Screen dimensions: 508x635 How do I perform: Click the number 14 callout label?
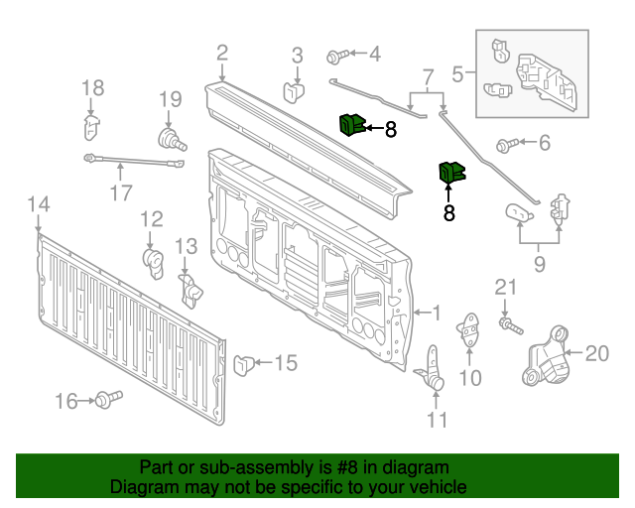[37, 204]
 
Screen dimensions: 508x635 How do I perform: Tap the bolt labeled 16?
[106, 400]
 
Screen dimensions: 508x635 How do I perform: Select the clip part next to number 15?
[243, 364]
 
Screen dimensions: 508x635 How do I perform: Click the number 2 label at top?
[222, 54]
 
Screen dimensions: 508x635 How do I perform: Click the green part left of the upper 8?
[350, 125]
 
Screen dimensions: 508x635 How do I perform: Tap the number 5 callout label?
[457, 72]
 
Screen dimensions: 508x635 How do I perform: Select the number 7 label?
[428, 76]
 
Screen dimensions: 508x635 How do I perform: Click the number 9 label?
[540, 264]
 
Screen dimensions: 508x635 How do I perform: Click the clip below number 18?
[91, 127]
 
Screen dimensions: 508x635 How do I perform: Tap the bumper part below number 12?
[154, 261]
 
